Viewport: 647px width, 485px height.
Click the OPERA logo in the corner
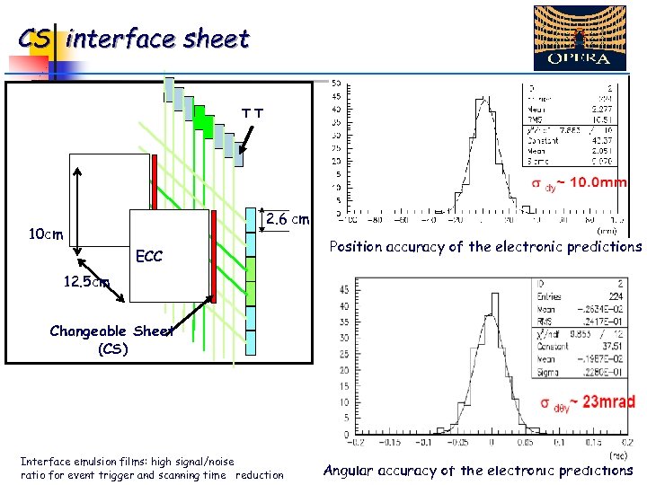580,38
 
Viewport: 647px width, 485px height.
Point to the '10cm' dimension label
44,235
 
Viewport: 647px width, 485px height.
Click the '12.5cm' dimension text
86,281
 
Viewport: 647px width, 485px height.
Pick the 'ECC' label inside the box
149,257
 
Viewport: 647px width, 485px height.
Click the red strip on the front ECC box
214,256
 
